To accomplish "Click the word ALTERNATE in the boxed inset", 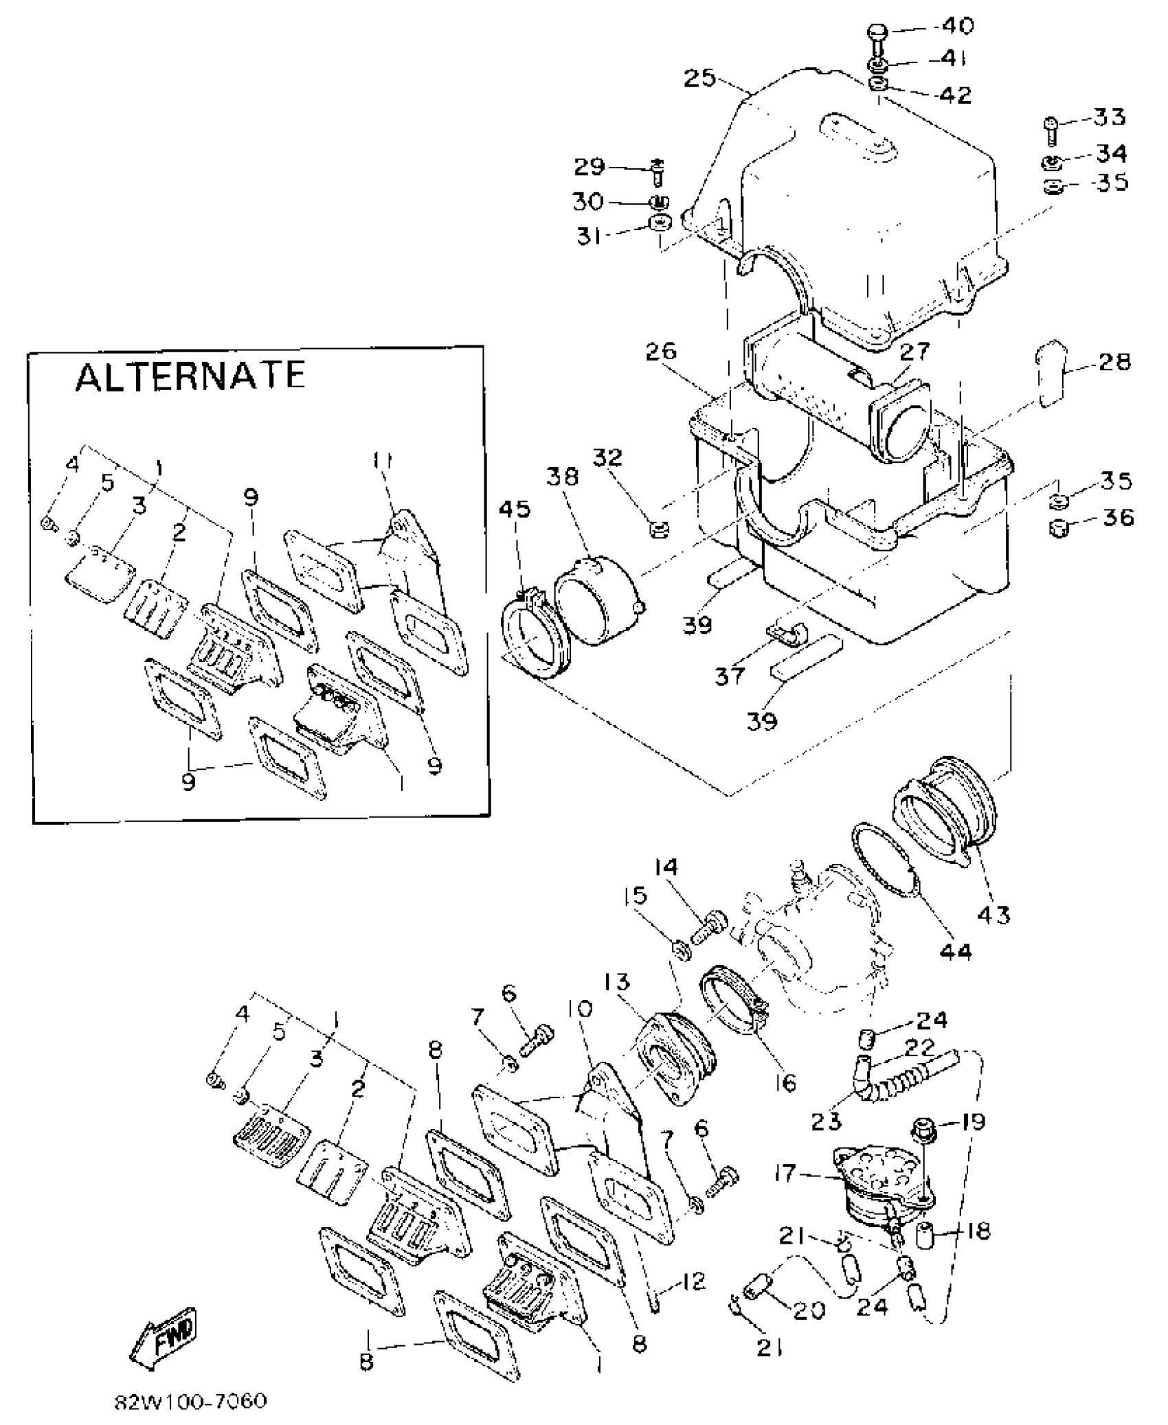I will click(190, 376).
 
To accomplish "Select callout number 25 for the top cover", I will click(699, 78).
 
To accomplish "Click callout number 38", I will click(563, 477).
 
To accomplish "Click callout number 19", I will click(972, 1122).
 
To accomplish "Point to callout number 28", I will click(1114, 362).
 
